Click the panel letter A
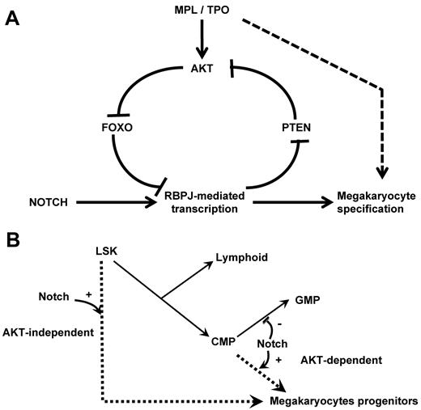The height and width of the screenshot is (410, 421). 14,19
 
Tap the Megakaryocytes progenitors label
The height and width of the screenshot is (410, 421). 344,399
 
